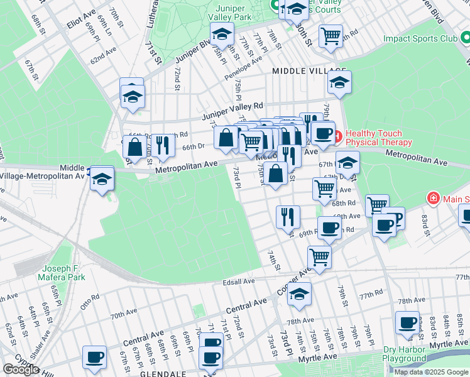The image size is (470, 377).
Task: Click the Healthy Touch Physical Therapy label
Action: [378, 138]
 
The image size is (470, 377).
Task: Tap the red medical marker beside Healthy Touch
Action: [336, 134]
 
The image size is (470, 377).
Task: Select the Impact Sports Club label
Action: [420, 38]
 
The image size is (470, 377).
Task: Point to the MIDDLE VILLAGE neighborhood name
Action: [309, 72]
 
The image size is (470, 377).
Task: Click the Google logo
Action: [21, 369]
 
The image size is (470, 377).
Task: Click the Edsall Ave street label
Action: [238, 282]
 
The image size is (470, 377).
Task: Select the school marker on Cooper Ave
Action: [299, 294]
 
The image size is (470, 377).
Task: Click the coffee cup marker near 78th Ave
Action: [407, 323]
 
